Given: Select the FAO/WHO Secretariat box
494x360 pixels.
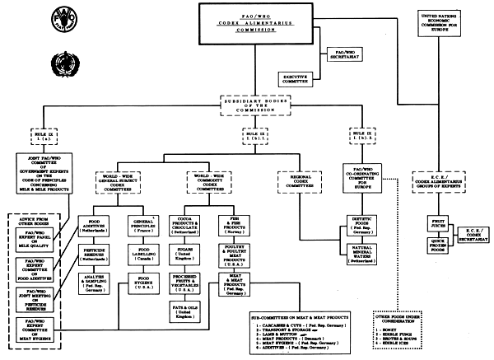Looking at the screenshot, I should (339, 53).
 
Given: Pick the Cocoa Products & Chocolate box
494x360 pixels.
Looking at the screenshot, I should (201, 227).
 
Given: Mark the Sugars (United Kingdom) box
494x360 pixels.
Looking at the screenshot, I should (201, 254).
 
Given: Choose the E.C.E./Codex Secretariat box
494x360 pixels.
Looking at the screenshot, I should (473, 236).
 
